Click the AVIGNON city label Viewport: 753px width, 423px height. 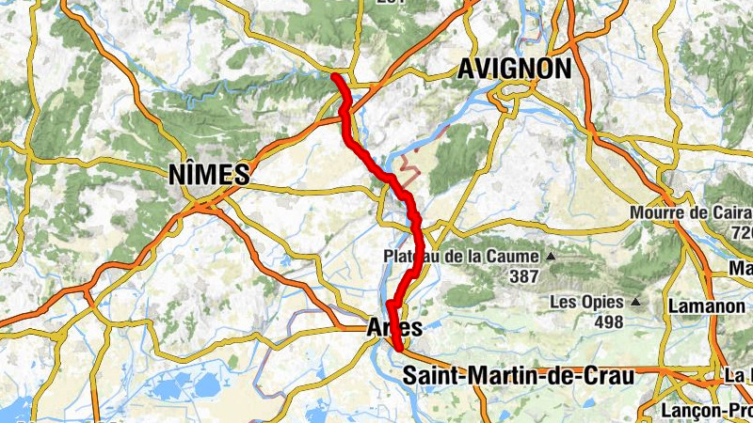coord(514,69)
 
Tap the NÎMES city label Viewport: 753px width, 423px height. coord(208,174)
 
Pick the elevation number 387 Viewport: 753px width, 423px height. coord(523,276)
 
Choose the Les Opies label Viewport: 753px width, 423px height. coord(585,302)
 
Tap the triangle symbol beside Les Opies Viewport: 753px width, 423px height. coord(636,302)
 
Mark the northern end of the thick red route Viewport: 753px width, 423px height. coord(335,75)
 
